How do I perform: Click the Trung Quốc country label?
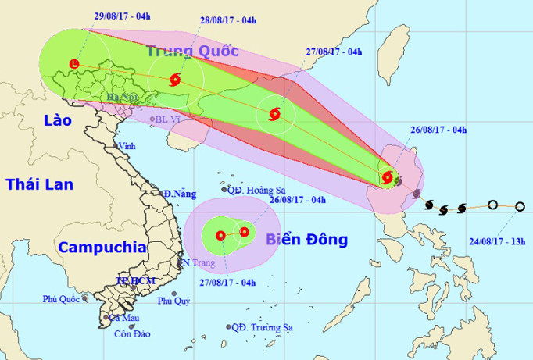[x=192, y=52]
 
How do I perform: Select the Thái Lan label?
[x=39, y=184]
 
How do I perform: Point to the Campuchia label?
[x=102, y=248]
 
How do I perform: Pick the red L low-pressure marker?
[x=74, y=63]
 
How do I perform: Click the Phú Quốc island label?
[x=63, y=299]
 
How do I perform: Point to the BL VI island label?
[x=168, y=119]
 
